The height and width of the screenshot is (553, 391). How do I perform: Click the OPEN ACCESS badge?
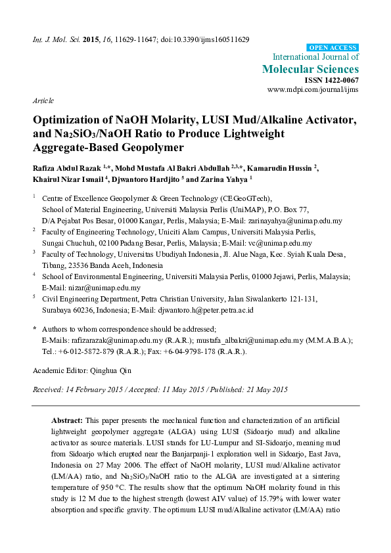[333, 48]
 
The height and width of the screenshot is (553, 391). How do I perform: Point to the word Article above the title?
[43, 100]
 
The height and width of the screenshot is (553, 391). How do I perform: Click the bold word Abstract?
[67, 419]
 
